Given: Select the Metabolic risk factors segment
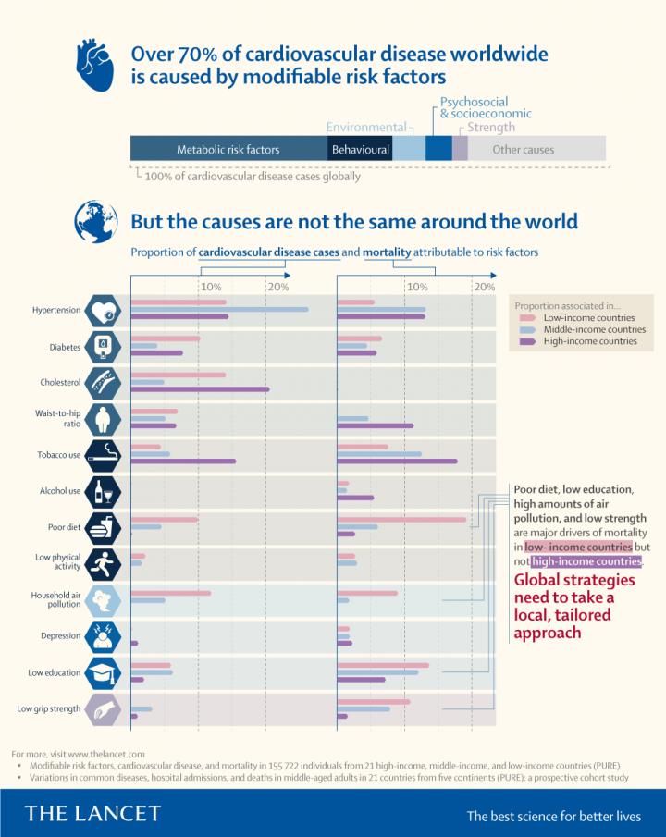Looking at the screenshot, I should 228,149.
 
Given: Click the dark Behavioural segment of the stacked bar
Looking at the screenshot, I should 361,149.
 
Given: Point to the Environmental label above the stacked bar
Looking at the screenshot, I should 366,127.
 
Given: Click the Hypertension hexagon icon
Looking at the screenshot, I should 101,311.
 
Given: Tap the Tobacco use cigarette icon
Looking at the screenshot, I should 101,455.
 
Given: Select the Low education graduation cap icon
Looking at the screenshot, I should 101,673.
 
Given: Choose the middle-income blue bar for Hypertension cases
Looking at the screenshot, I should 220,309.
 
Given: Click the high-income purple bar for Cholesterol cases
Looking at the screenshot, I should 200,389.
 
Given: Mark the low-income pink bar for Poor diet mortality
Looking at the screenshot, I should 401,519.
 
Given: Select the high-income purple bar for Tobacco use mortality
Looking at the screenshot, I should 397,461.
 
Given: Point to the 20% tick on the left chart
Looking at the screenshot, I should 277,287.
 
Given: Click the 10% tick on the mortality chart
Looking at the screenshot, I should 415,287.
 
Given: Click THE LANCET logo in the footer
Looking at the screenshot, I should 92,814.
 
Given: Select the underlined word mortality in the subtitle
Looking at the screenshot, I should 387,252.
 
